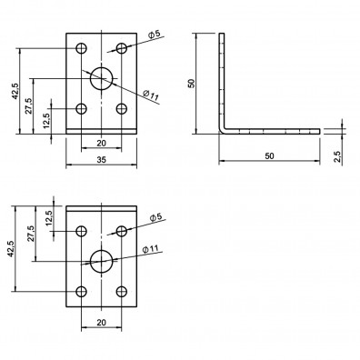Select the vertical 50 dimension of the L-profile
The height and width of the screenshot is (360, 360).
click(x=192, y=83)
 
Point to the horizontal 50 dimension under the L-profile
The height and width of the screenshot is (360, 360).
click(x=271, y=157)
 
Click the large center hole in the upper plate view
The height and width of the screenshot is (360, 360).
click(x=101, y=78)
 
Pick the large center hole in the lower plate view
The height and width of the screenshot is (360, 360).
click(x=101, y=261)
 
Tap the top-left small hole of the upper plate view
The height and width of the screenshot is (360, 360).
click(x=82, y=48)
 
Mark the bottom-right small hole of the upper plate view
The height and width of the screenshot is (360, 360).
click(x=121, y=109)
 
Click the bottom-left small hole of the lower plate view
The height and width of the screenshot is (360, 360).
click(x=82, y=292)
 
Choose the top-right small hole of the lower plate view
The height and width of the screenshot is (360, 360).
click(x=121, y=231)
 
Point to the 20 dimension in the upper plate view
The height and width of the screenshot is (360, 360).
click(x=101, y=144)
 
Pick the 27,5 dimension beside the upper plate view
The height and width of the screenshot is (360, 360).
click(x=31, y=105)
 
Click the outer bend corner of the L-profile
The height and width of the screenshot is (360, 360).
click(x=221, y=133)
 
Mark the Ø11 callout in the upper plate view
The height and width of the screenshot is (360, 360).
click(x=151, y=94)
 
